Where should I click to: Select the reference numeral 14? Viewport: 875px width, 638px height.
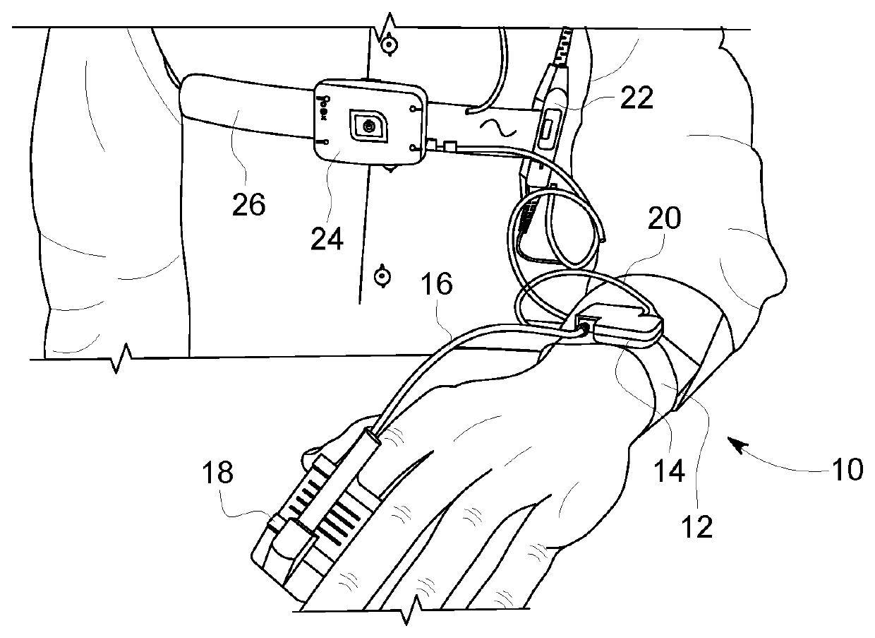point(667,471)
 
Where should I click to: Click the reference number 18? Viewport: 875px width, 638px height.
point(217,473)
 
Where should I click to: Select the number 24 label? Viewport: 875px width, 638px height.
point(327,240)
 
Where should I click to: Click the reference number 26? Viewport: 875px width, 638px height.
point(248,204)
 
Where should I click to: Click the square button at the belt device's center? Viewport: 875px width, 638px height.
point(367,126)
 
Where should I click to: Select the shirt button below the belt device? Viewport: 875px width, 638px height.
point(382,276)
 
